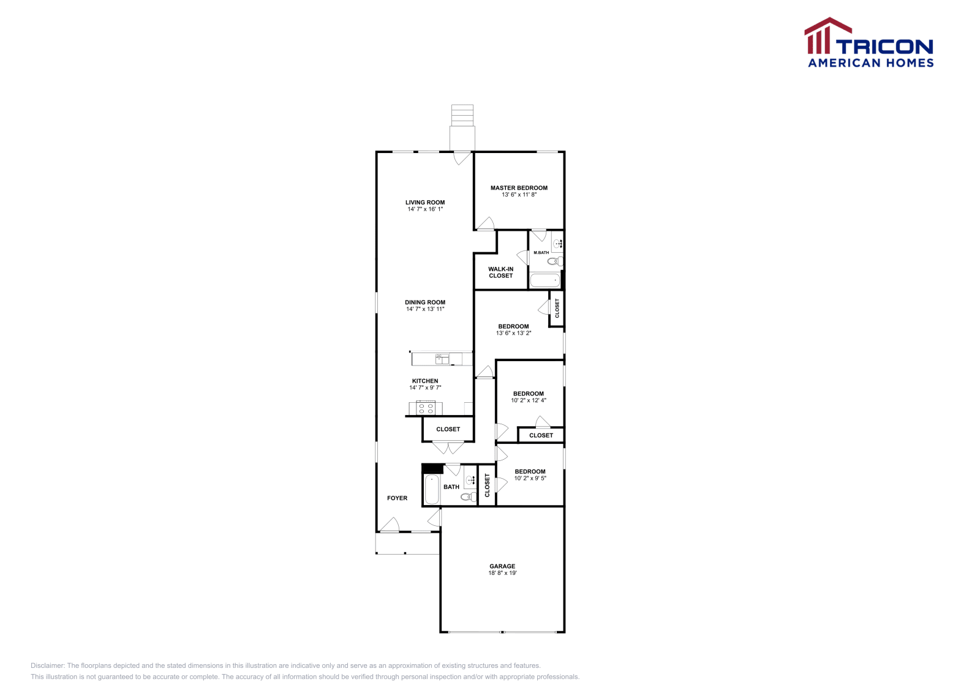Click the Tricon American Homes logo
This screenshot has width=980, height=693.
click(869, 43)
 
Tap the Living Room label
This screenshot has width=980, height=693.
click(425, 203)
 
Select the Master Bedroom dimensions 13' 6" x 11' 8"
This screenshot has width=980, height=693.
click(519, 195)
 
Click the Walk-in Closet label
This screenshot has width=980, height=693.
click(500, 272)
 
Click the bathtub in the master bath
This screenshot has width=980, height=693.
click(545, 280)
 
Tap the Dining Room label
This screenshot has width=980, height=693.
click(425, 302)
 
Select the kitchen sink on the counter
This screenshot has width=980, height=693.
click(442, 359)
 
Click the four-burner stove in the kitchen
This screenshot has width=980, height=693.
click(426, 408)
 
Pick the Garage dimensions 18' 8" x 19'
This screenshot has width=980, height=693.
click(502, 573)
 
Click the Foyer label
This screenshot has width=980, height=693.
click(397, 498)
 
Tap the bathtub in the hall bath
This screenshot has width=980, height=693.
click(432, 489)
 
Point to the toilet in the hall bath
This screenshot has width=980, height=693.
click(469, 496)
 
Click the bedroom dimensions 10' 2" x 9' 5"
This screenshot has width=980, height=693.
click(530, 478)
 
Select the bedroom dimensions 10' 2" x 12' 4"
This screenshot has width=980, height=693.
click(529, 400)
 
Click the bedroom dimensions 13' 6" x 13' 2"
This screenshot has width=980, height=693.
click(513, 333)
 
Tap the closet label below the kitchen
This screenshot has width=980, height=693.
click(448, 429)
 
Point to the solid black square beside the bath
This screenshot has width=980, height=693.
click(432, 469)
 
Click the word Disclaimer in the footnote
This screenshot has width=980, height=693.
click(47, 665)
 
